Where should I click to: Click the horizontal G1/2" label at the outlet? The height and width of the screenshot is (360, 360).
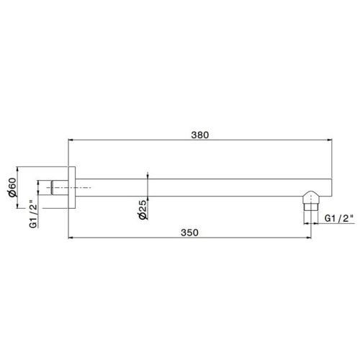[338, 217]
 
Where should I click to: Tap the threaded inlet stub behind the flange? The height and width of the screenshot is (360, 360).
[58, 188]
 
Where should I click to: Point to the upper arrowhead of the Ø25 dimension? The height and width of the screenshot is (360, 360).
[147, 176]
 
